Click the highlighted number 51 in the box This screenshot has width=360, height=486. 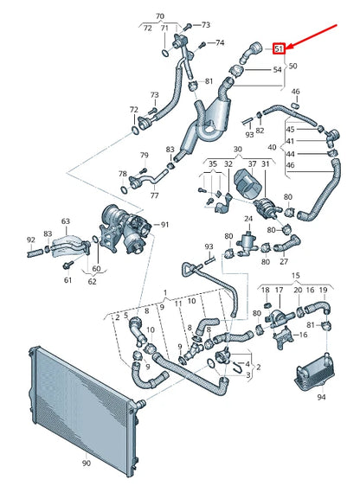279,49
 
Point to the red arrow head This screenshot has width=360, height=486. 290,44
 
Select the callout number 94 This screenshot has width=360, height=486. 322,399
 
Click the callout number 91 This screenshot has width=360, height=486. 165,225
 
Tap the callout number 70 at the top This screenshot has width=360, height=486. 158,16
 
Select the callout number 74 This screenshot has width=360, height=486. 220,42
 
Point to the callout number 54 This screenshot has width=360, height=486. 277,69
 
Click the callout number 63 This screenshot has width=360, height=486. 65,221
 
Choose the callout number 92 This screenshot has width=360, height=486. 31,240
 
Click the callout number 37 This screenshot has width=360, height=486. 252,163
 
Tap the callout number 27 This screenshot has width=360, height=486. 283,259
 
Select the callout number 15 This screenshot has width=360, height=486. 302,333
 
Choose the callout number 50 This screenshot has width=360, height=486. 293,67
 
